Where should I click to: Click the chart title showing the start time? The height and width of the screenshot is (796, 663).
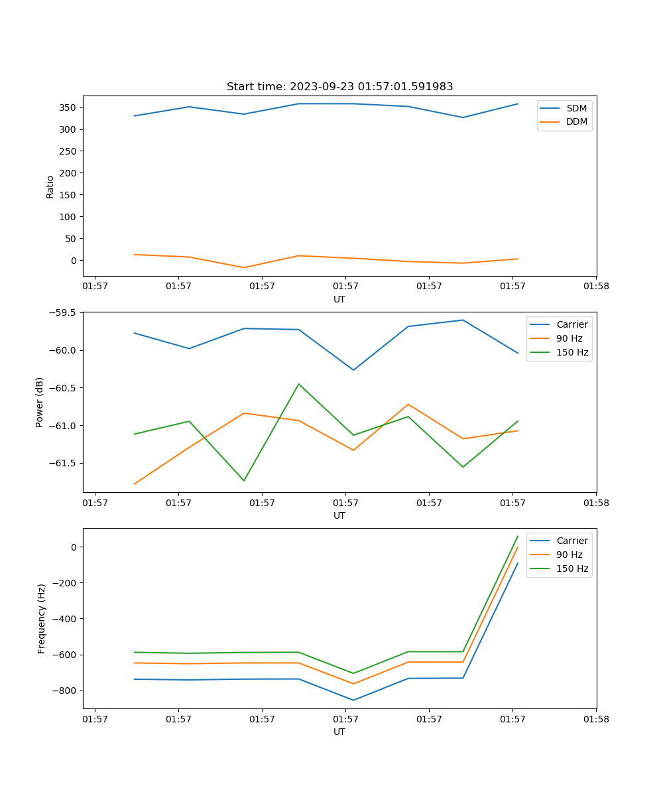[339, 87]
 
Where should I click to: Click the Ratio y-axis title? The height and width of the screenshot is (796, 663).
[50, 185]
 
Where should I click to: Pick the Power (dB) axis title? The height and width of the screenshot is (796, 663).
[40, 402]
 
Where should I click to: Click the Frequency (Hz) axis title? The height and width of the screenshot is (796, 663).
[41, 618]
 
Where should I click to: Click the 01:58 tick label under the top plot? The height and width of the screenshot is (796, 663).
[595, 287]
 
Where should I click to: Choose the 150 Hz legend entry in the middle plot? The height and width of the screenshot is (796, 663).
[572, 352]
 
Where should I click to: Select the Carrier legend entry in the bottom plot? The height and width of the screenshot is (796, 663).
[572, 541]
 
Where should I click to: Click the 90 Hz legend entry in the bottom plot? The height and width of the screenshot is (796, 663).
[570, 555]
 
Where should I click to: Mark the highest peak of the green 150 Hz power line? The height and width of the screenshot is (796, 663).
[299, 384]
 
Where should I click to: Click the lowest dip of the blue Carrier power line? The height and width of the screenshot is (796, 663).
[353, 370]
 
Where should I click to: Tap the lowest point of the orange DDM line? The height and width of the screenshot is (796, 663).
[244, 267]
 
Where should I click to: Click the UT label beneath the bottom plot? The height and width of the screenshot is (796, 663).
[339, 732]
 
